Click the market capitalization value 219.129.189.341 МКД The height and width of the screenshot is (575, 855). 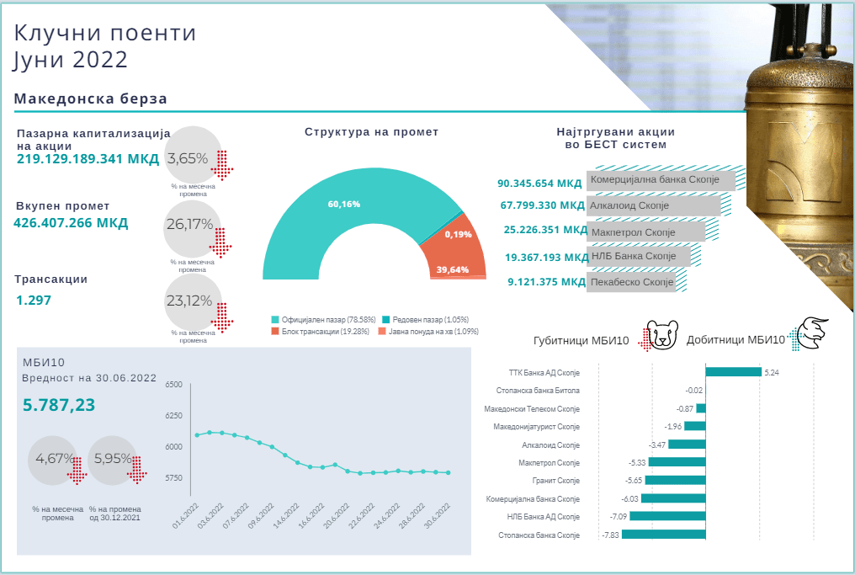88,160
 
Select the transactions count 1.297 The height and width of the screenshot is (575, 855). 33,299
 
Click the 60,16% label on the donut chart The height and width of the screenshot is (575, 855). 344,205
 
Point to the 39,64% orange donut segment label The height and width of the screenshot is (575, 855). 453,269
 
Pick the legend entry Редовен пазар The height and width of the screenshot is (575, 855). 425,320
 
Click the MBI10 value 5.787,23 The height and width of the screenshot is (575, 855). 59,406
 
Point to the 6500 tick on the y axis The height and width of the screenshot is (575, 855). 174,385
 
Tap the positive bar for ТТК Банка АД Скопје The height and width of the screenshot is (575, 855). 733,371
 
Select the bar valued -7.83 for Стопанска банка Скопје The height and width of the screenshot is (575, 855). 651,535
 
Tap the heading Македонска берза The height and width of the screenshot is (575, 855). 91,98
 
